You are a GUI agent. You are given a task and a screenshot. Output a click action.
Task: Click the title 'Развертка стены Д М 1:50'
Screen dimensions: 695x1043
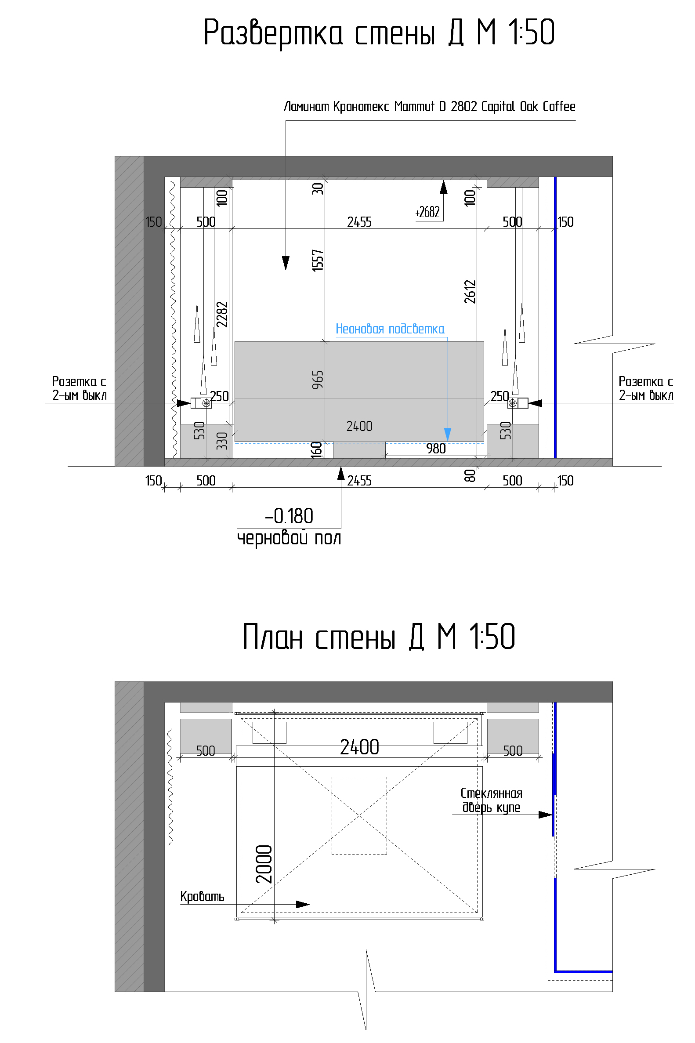379,33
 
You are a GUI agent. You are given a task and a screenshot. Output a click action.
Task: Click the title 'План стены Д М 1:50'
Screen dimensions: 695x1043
379,637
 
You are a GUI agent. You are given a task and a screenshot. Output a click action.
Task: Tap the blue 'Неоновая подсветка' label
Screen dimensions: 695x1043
390,329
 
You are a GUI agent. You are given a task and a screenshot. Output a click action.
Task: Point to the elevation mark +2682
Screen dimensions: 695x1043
427,212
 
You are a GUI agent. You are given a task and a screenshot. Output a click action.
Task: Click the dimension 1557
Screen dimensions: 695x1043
318,260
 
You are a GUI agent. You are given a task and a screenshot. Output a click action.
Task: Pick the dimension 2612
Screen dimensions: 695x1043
470,292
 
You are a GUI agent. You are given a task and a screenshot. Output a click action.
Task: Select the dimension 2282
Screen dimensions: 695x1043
221,314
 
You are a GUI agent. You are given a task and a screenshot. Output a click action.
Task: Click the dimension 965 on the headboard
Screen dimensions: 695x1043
318,380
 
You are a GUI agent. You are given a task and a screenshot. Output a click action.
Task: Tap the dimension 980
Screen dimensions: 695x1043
436,449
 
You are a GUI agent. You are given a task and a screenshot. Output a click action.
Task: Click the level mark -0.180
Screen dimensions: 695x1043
290,516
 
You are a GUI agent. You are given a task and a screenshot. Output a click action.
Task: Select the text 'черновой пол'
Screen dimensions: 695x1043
289,539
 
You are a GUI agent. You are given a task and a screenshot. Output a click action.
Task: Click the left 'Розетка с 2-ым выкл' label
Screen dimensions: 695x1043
80,388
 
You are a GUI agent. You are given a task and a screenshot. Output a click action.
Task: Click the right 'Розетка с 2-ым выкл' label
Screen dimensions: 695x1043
646,388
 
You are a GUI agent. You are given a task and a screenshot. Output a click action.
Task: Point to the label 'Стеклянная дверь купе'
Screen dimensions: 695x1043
492,800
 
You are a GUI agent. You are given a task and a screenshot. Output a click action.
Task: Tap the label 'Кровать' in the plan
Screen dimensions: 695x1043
202,896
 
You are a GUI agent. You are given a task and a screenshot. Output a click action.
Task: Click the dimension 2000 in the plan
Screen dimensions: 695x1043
264,864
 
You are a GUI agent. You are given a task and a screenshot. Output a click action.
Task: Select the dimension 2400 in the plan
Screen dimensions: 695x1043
359,747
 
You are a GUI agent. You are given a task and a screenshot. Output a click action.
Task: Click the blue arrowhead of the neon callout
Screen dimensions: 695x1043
448,435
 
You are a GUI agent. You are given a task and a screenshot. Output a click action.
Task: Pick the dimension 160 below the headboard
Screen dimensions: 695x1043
316,450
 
